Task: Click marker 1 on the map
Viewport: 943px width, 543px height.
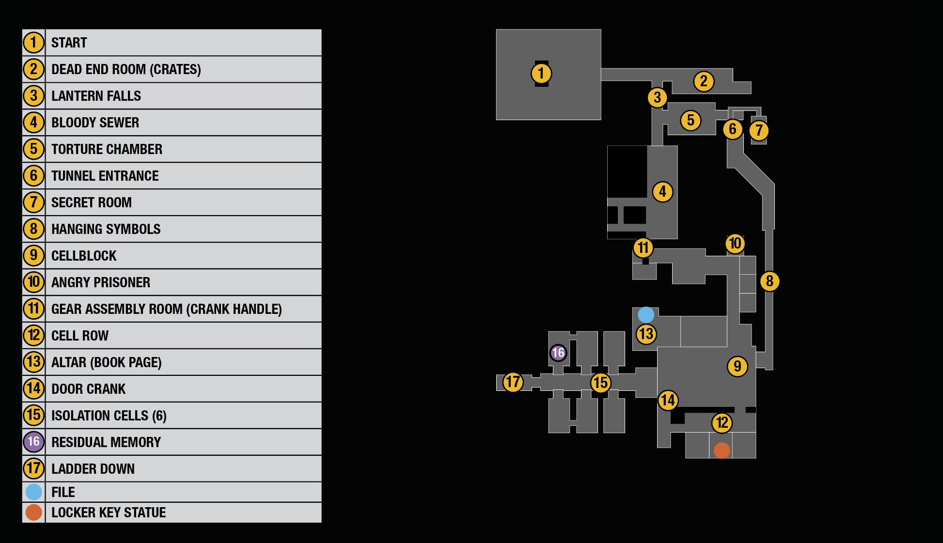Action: coord(541,74)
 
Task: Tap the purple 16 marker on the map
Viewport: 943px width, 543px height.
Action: coord(558,353)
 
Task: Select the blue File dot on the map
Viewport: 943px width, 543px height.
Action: coord(646,315)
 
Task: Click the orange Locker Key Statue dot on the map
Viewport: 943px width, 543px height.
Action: coord(722,450)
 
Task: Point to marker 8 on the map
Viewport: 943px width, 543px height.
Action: coord(770,281)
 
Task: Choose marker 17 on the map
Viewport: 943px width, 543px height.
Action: coord(513,382)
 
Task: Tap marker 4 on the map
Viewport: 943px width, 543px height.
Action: coord(662,192)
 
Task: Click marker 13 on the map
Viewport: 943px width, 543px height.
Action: coord(646,334)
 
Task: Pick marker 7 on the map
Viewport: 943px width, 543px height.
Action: coord(759,130)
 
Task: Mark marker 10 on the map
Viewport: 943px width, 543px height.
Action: coord(735,244)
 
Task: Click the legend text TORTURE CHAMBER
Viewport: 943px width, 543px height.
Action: coord(107,149)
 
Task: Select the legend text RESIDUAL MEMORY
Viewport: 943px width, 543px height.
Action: coord(106,442)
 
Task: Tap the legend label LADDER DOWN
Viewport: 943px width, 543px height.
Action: coord(93,469)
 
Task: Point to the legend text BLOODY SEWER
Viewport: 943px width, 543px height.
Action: coord(95,123)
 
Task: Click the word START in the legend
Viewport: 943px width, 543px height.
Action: coord(69,43)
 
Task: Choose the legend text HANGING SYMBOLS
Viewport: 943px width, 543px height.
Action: coord(106,229)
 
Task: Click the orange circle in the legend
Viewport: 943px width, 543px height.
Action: coord(34,512)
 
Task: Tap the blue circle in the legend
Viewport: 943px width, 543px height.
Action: coord(34,492)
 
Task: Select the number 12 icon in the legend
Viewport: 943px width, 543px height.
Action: coord(34,335)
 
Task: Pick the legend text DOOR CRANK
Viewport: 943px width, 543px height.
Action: coord(88,389)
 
